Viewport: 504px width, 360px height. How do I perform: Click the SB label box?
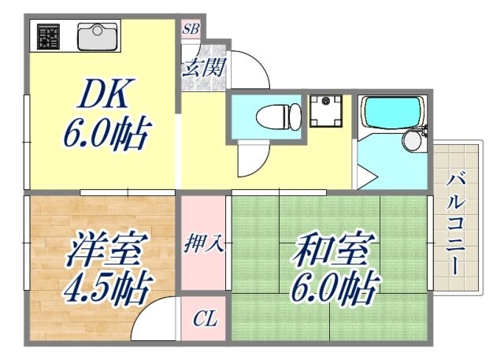tap(191, 29)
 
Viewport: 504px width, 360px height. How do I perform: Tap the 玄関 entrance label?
tap(203, 66)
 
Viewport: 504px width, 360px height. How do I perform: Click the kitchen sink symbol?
tap(98, 35)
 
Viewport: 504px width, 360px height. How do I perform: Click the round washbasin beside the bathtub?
tap(412, 143)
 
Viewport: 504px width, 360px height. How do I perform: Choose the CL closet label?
tap(205, 319)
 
